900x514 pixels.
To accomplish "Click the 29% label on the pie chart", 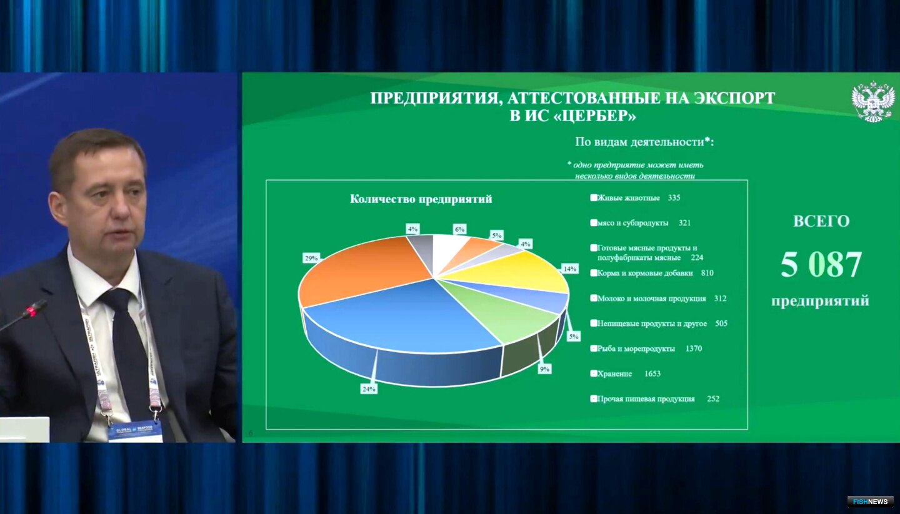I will (x=311, y=257).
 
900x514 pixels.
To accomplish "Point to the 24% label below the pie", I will (x=368, y=389).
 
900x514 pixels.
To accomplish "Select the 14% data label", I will (x=569, y=269).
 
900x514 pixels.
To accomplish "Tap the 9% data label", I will (x=545, y=369).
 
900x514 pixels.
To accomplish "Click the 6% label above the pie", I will (x=460, y=230).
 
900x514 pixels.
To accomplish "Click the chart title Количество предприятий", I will (x=421, y=199).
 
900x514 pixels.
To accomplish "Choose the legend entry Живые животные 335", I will (x=635, y=198).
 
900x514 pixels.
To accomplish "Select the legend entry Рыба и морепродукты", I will (x=636, y=348).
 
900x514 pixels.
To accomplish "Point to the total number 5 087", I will (x=821, y=265).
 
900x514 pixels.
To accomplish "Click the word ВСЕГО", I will (x=821, y=221).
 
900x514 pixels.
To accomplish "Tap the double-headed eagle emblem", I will (x=872, y=101).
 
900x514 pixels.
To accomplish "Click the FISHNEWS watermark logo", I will (x=870, y=501).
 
